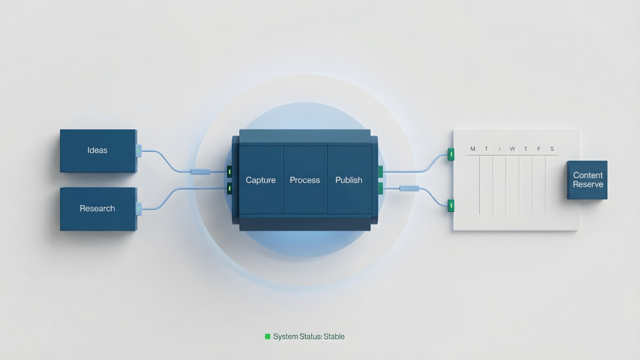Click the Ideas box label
click(97, 150)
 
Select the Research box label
click(97, 209)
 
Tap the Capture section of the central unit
click(261, 180)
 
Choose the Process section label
click(305, 180)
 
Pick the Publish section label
click(349, 180)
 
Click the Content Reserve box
click(587, 180)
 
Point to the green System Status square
click(267, 336)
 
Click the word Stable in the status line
click(334, 337)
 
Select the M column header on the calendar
click(472, 149)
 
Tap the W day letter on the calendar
click(512, 149)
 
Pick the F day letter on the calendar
click(539, 149)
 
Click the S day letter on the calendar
click(552, 149)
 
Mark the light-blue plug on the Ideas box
click(139, 151)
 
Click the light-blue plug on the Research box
click(139, 209)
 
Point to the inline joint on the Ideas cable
click(201, 172)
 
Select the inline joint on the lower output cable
click(409, 188)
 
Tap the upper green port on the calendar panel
click(451, 154)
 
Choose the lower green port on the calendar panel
click(451, 206)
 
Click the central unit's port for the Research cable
click(229, 188)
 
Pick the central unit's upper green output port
click(381, 171)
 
